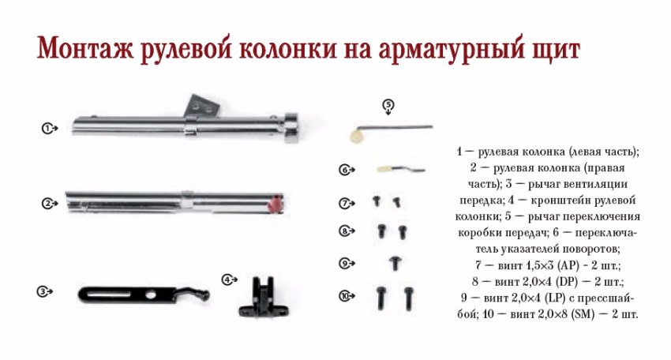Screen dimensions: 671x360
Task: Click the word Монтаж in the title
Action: [85, 48]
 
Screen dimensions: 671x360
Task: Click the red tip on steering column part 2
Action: [276, 204]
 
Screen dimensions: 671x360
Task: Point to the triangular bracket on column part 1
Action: [202, 106]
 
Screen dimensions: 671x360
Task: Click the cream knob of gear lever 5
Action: [356, 136]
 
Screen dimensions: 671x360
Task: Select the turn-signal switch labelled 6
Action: [401, 169]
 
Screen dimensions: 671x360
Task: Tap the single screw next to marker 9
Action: [395, 263]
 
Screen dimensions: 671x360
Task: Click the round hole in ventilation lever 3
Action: [151, 295]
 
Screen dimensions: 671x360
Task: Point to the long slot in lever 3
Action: [109, 294]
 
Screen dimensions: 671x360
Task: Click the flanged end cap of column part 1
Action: [291, 127]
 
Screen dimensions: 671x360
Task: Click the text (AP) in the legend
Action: [568, 265]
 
